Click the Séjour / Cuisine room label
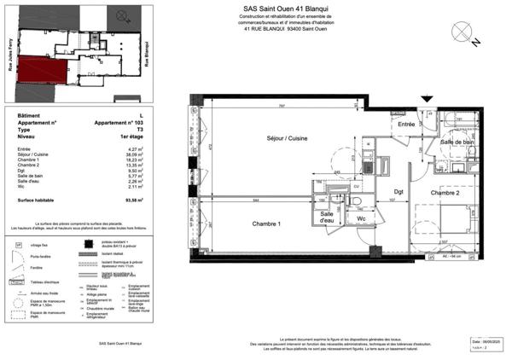(x=287, y=138)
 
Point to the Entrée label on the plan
(x=405, y=125)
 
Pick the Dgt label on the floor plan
(x=398, y=191)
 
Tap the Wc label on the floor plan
(x=361, y=218)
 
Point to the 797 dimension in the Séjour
(x=281, y=107)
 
